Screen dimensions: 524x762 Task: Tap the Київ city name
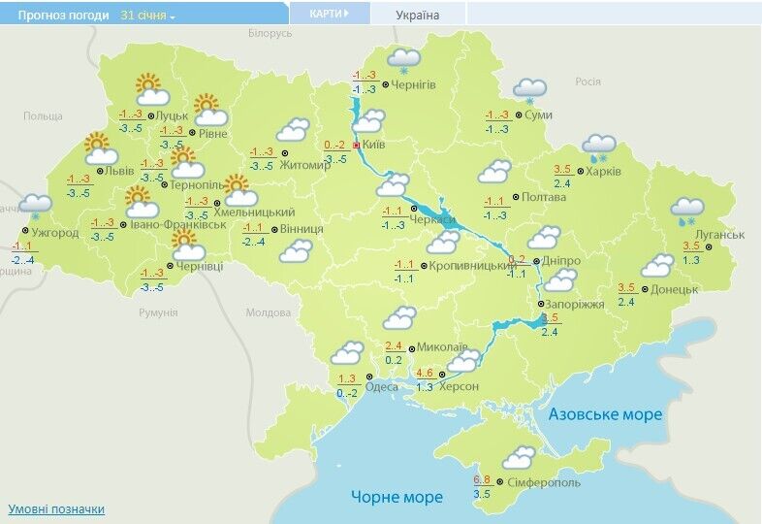click(373, 145)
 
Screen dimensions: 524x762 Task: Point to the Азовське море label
click(605, 414)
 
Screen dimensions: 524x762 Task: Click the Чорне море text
click(397, 497)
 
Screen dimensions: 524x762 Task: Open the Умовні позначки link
click(56, 508)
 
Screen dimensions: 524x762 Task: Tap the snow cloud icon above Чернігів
click(403, 60)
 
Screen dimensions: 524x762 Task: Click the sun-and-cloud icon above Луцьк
click(151, 90)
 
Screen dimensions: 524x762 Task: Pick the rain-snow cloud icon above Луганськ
click(687, 210)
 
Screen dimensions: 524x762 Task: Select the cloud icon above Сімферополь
click(519, 456)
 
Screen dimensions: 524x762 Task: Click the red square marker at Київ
click(356, 145)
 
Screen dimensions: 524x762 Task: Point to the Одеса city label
click(382, 386)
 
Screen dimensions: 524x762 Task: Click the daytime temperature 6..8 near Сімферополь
click(482, 480)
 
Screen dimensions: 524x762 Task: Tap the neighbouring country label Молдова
click(268, 313)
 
